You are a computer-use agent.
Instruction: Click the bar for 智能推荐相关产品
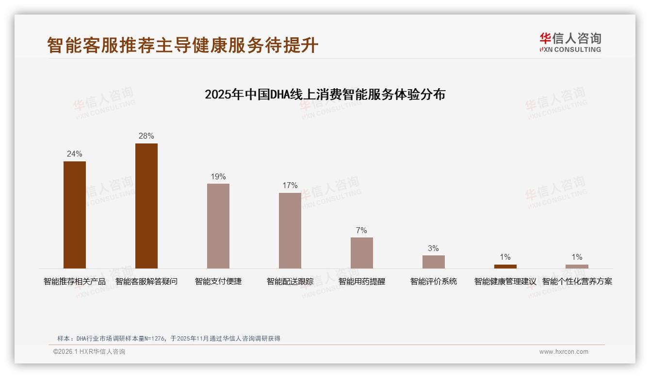pos(75,215)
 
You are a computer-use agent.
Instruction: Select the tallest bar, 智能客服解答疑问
pos(146,206)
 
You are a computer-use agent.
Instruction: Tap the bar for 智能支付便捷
pos(218,226)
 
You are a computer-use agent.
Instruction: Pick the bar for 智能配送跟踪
pos(290,231)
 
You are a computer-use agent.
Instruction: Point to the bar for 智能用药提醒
pos(362,253)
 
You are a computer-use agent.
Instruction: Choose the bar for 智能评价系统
pos(434,262)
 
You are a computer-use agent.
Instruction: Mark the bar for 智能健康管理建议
pos(505,267)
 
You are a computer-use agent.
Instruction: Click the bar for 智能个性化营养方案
pos(577,267)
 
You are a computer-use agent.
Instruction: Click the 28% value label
pos(146,136)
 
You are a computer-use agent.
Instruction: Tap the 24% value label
pos(75,154)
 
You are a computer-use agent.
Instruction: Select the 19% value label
pos(218,177)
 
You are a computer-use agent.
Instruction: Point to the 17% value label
pos(290,186)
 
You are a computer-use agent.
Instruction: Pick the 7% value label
pos(362,231)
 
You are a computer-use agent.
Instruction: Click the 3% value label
pos(434,249)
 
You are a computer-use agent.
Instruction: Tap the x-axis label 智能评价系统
pos(434,282)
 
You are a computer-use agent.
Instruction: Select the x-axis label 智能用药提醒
pos(362,282)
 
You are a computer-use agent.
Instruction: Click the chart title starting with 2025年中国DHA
pos(325,94)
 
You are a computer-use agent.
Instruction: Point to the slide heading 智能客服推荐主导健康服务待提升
pos(183,45)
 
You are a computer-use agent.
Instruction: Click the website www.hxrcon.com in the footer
pos(564,352)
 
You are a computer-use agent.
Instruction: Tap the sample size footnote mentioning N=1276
pos(169,339)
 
